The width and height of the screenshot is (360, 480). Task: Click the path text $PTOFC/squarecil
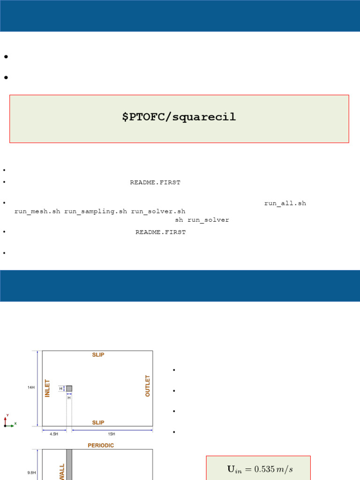click(x=179, y=117)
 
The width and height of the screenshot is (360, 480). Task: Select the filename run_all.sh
click(x=285, y=203)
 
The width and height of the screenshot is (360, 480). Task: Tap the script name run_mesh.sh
click(x=37, y=211)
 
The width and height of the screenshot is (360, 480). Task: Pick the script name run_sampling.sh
click(x=96, y=211)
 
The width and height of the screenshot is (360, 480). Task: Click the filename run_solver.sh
click(x=158, y=211)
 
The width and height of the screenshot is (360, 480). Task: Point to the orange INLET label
click(x=47, y=389)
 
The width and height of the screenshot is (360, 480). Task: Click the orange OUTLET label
click(x=148, y=386)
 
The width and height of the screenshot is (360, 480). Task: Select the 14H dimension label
click(x=31, y=388)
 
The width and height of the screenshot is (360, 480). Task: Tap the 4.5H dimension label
click(x=54, y=434)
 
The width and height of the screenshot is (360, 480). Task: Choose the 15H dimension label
click(x=112, y=434)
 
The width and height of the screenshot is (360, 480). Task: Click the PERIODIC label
click(x=101, y=445)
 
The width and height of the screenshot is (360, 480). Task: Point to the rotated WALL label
click(x=62, y=472)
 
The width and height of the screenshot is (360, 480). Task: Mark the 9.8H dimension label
click(x=31, y=472)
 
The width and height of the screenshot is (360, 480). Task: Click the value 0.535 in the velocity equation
click(x=264, y=469)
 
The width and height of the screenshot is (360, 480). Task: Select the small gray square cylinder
click(x=69, y=389)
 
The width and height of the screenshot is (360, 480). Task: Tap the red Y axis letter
click(x=7, y=415)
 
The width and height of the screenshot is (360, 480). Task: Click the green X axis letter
click(x=15, y=424)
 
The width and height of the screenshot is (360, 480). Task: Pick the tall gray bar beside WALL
click(x=69, y=465)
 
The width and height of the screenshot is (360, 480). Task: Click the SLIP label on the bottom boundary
click(x=98, y=423)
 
